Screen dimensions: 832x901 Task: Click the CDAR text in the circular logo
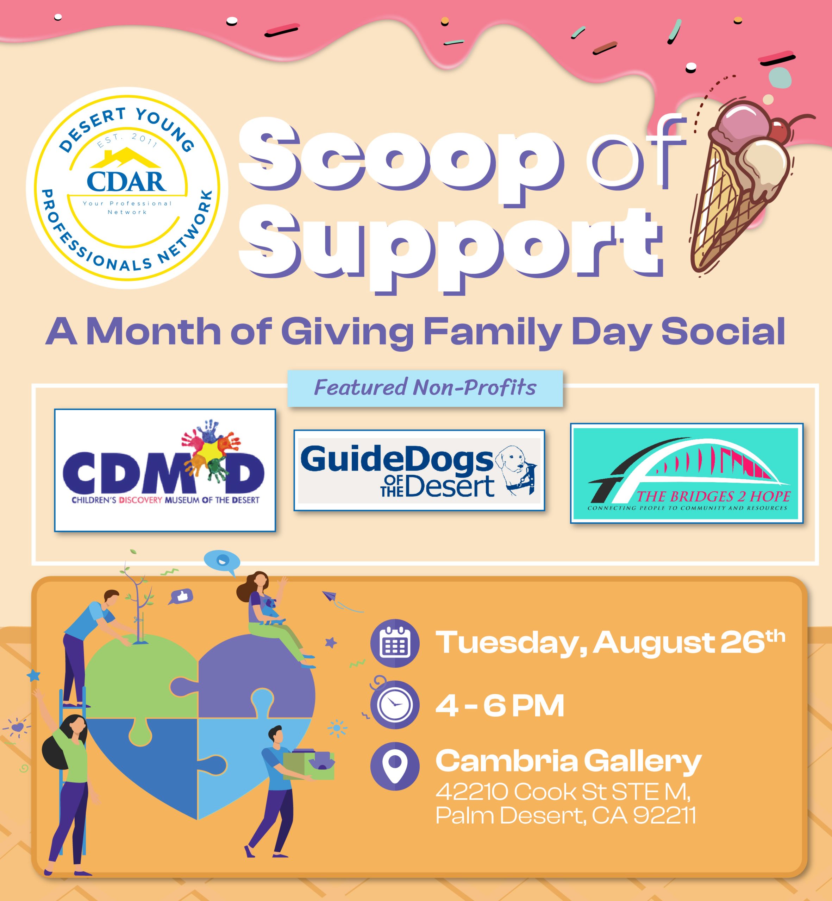(x=126, y=181)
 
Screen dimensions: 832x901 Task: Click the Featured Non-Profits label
(x=425, y=388)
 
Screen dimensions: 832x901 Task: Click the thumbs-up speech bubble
(x=181, y=597)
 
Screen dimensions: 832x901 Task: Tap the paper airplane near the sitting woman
(x=331, y=598)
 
